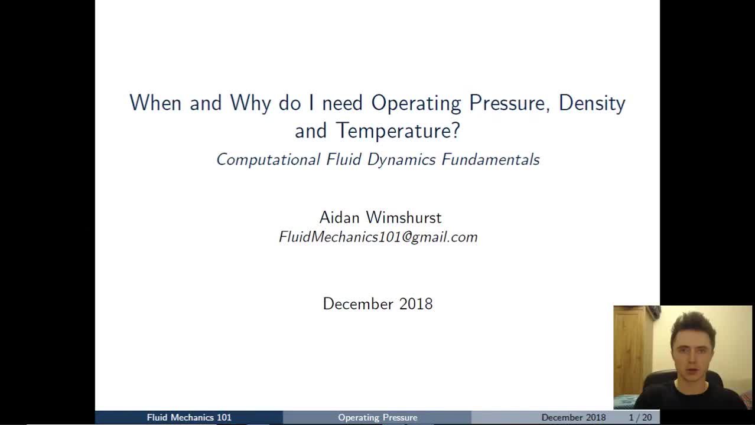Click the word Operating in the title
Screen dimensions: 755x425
tap(416, 104)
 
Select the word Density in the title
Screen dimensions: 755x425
tap(592, 104)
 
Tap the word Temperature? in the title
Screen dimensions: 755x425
tap(398, 130)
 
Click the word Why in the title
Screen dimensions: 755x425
tap(250, 104)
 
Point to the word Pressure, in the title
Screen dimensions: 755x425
tap(510, 103)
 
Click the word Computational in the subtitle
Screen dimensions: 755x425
tap(268, 159)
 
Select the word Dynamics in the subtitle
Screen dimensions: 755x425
tap(402, 159)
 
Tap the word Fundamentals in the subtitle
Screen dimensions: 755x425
tap(491, 159)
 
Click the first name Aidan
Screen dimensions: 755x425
tap(340, 218)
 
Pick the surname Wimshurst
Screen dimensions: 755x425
tap(404, 218)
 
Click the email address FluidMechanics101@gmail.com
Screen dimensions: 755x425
tap(378, 237)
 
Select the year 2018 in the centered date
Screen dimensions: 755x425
tap(416, 304)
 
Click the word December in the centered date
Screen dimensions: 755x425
tap(358, 304)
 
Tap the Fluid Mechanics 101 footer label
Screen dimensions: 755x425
tap(189, 417)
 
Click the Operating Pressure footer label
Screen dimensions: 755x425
tap(377, 417)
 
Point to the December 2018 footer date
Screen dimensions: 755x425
tap(574, 417)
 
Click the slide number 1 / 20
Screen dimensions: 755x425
tap(640, 417)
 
